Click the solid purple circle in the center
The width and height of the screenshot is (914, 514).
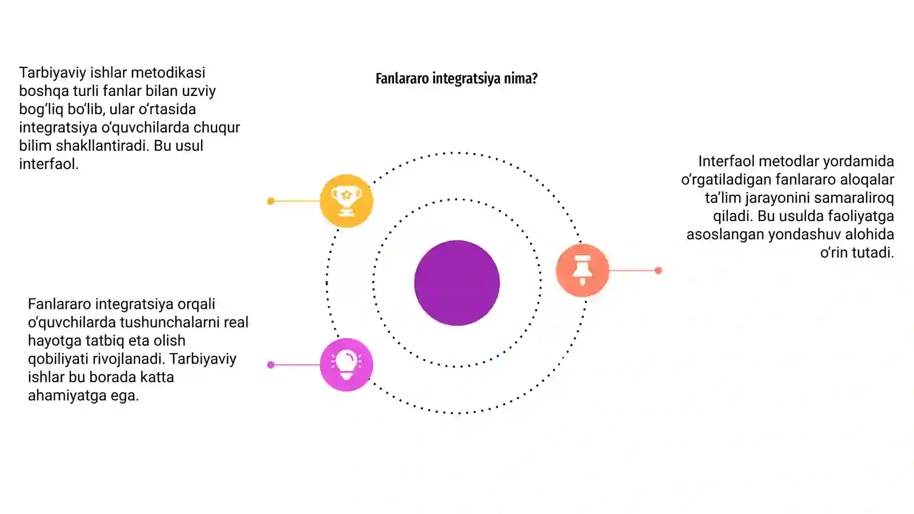point(456,283)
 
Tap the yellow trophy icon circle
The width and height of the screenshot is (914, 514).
point(346,200)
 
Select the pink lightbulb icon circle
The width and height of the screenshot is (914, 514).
point(346,365)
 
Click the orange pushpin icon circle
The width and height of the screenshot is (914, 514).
point(582,270)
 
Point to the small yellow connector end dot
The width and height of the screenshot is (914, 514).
point(271,201)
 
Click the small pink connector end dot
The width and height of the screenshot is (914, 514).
point(271,365)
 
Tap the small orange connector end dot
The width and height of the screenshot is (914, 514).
point(658,270)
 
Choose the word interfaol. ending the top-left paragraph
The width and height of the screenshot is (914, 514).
point(49,164)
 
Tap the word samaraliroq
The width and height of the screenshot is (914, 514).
point(854,198)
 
